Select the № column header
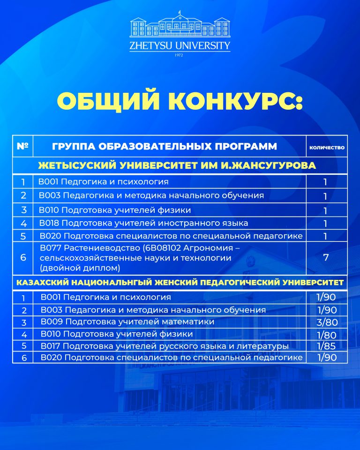coord(22,146)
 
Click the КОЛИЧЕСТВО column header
coord(327,147)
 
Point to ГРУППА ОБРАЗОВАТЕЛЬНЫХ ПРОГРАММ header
coord(165,147)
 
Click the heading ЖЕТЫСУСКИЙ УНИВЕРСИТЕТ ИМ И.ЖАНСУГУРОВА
coord(180,165)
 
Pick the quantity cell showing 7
coord(325,257)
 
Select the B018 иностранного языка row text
coord(143,223)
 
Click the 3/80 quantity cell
coord(327,322)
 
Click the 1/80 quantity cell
coord(327,334)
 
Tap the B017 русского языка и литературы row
coord(164,346)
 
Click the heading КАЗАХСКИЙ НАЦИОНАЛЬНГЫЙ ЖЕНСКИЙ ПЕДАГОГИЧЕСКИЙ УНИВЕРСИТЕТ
coord(180,283)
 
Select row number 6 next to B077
coord(23,257)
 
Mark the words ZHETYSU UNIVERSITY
coord(180,46)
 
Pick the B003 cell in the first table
coord(151,195)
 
